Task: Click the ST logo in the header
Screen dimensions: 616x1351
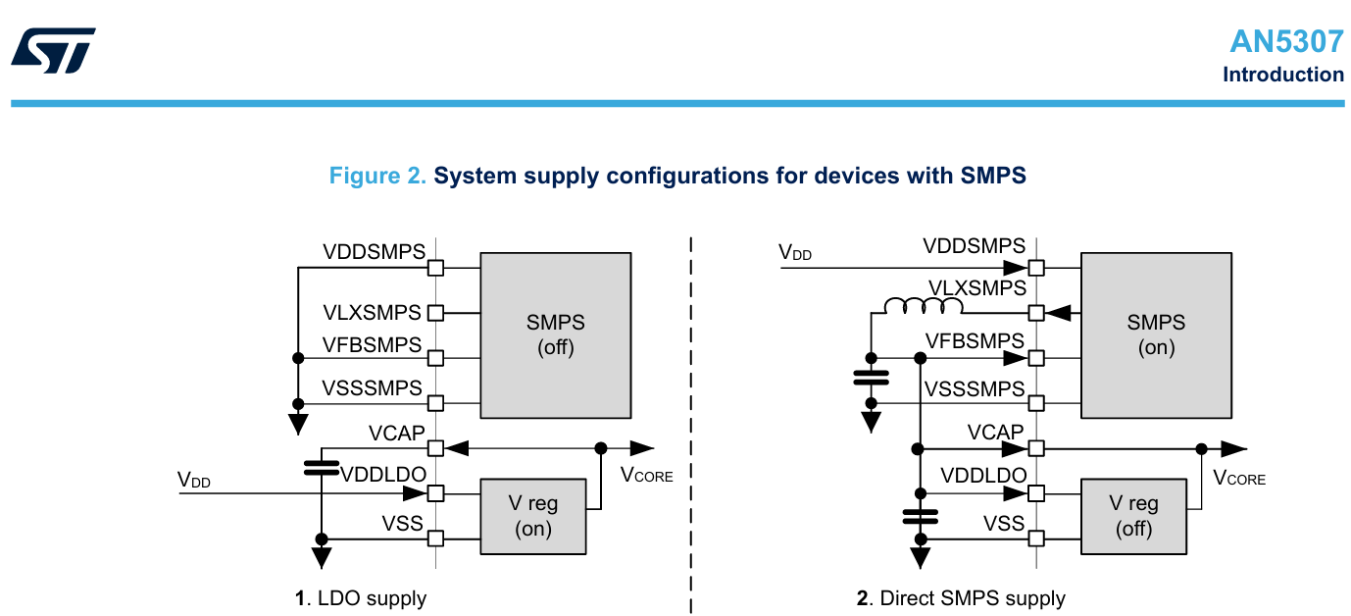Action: pos(53,50)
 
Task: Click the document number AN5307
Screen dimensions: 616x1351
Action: pos(1286,41)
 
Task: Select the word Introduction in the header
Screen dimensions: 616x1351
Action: pos(1282,75)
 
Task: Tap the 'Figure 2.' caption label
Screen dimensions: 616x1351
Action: pos(377,176)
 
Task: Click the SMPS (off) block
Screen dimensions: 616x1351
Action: pos(555,334)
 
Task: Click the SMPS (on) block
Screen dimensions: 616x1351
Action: pos(1156,334)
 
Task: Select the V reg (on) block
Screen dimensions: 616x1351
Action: pos(532,516)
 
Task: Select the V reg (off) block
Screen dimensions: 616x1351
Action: pos(1133,516)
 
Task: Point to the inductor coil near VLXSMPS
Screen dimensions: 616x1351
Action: pos(923,307)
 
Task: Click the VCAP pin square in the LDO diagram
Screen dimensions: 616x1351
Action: pos(435,448)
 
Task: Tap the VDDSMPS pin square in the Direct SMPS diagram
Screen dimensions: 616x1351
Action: pos(1036,267)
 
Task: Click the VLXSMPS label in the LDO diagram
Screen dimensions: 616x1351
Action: pos(372,313)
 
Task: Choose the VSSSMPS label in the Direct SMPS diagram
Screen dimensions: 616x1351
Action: pos(975,389)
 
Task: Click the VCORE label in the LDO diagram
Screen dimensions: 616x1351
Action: pos(647,475)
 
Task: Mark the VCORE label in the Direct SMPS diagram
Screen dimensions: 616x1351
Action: pos(1239,478)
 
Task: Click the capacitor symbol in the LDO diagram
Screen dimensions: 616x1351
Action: pos(321,467)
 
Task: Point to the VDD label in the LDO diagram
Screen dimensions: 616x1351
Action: pos(193,480)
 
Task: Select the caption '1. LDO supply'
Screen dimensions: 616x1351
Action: pos(361,597)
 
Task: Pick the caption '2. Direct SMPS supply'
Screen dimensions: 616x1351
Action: pos(961,597)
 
